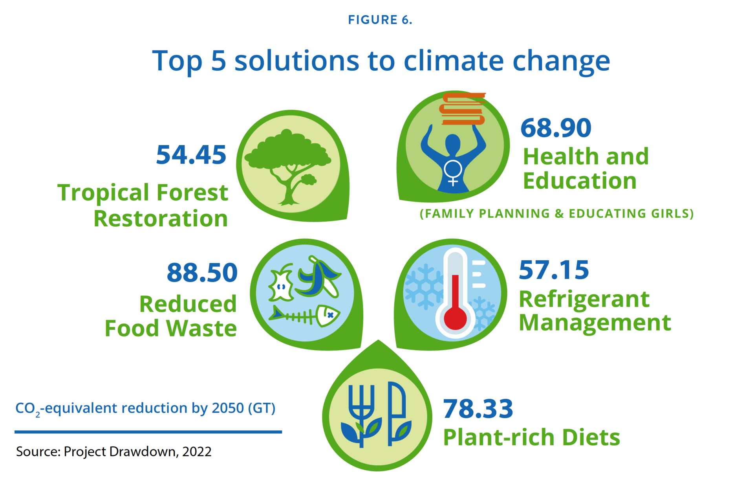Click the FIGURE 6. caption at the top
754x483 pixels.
click(380, 20)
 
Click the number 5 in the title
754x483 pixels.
click(218, 61)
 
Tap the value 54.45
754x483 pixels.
click(191, 155)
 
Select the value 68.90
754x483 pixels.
click(556, 128)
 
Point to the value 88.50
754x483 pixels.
click(202, 272)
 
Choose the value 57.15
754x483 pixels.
click(554, 270)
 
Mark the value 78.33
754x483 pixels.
click(478, 409)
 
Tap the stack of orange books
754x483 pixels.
click(463, 109)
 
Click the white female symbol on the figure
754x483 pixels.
click(453, 172)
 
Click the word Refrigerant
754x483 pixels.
click(584, 299)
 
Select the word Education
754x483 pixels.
click(580, 181)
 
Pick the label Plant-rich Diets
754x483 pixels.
click(531, 437)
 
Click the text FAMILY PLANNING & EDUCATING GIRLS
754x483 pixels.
click(556, 213)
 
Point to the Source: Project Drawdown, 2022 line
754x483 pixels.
click(113, 452)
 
